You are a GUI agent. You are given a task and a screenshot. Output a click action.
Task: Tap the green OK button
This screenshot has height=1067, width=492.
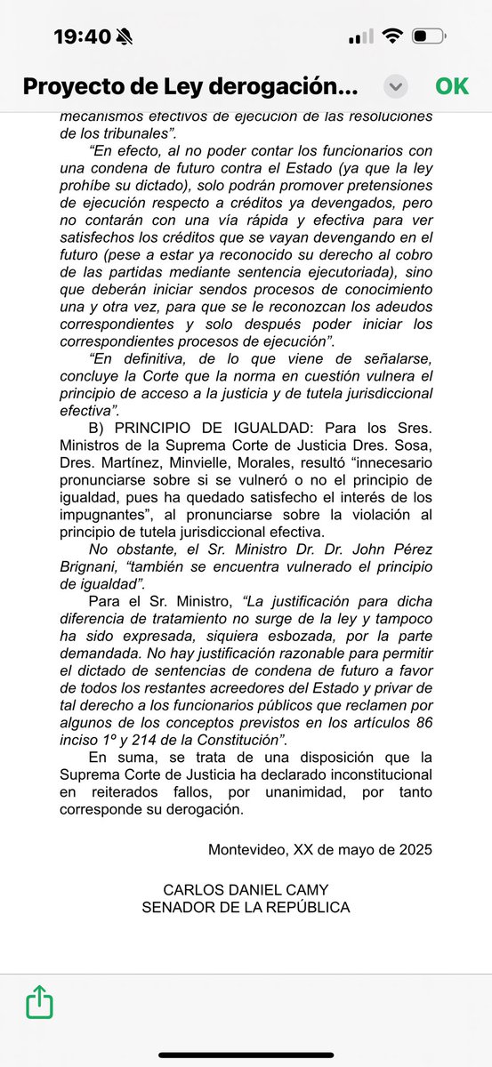coord(452,86)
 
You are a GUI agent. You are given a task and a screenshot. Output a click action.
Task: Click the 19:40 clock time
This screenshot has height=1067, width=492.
coord(82,36)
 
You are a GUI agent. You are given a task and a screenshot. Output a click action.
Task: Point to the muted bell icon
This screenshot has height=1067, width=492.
coord(124,36)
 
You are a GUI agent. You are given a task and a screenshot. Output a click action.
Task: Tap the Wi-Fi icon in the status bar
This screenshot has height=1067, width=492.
coord(391,36)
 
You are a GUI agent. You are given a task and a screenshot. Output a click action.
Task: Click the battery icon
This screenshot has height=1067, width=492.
coord(430,36)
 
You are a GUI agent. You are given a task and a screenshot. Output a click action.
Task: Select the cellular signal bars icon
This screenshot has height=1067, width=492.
coord(360,36)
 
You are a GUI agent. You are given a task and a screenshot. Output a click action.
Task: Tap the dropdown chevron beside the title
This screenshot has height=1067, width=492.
coord(397,86)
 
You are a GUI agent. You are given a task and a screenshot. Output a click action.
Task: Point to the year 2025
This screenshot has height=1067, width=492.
coord(415,849)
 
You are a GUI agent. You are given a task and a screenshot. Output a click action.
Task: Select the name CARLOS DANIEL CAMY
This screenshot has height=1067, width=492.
coord(246,889)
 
